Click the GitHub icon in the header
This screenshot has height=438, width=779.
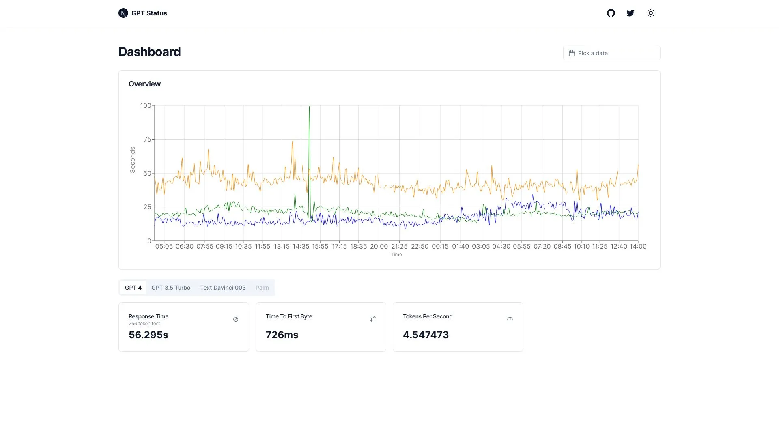point(611,13)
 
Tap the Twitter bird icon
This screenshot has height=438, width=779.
point(630,13)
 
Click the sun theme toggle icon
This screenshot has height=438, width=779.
point(651,13)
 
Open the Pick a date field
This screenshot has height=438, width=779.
point(611,53)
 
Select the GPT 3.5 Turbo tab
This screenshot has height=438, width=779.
point(171,288)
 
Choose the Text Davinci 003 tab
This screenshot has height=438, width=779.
point(223,288)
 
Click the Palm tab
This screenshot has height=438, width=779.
point(262,288)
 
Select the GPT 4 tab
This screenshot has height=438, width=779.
point(133,288)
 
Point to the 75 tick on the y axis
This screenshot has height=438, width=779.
point(147,139)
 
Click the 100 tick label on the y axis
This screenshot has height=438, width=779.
point(145,105)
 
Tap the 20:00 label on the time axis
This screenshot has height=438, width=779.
point(379,246)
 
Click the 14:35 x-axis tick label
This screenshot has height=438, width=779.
point(301,246)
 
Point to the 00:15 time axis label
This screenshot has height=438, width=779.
point(440,246)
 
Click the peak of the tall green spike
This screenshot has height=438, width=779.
point(309,107)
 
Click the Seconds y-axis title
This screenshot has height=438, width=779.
point(132,160)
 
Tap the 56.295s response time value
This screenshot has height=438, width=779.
point(148,335)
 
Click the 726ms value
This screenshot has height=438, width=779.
point(282,335)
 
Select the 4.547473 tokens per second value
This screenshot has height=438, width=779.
point(426,335)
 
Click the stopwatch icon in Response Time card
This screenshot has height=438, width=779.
point(236,319)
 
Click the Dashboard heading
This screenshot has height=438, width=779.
point(149,52)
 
